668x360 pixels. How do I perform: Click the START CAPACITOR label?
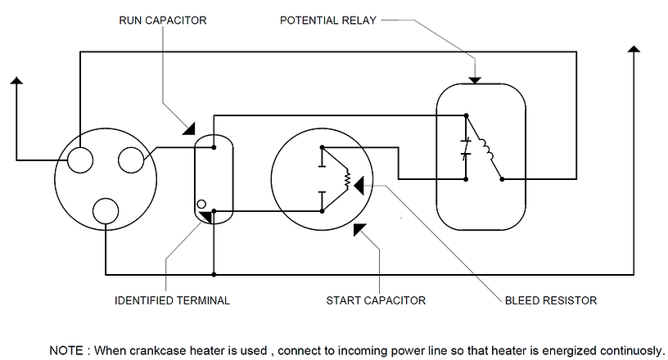click(376, 300)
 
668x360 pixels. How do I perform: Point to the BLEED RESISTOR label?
click(551, 300)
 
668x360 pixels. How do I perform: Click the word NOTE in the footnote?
click(68, 350)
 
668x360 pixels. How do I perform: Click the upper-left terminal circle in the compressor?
click(79, 160)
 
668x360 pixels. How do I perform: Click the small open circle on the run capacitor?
click(201, 205)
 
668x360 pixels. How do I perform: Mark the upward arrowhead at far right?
click(633, 52)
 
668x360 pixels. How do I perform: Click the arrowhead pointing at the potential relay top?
click(475, 79)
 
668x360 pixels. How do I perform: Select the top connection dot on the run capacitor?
click(213, 148)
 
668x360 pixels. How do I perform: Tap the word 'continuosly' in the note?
click(626, 350)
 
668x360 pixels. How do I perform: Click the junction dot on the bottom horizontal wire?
click(213, 273)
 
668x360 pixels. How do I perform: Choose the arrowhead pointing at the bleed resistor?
click(359, 187)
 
